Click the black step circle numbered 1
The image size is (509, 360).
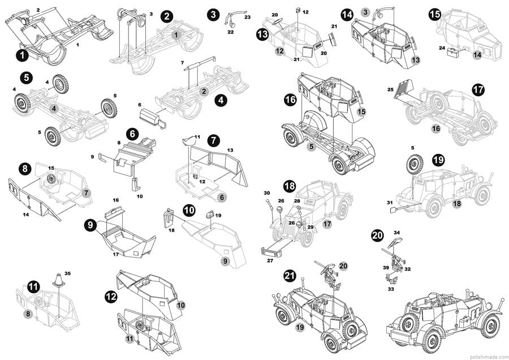22,55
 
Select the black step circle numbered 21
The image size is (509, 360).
290,276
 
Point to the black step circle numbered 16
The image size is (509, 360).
290,100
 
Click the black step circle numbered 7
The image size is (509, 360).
213,139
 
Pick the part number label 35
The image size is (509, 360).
67,273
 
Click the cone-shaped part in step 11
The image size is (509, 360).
58,283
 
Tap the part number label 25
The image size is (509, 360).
390,89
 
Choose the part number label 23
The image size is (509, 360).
247,18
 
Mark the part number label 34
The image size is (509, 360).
396,232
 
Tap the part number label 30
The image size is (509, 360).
266,193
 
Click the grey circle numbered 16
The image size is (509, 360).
436,129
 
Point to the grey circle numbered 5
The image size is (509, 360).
310,147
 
